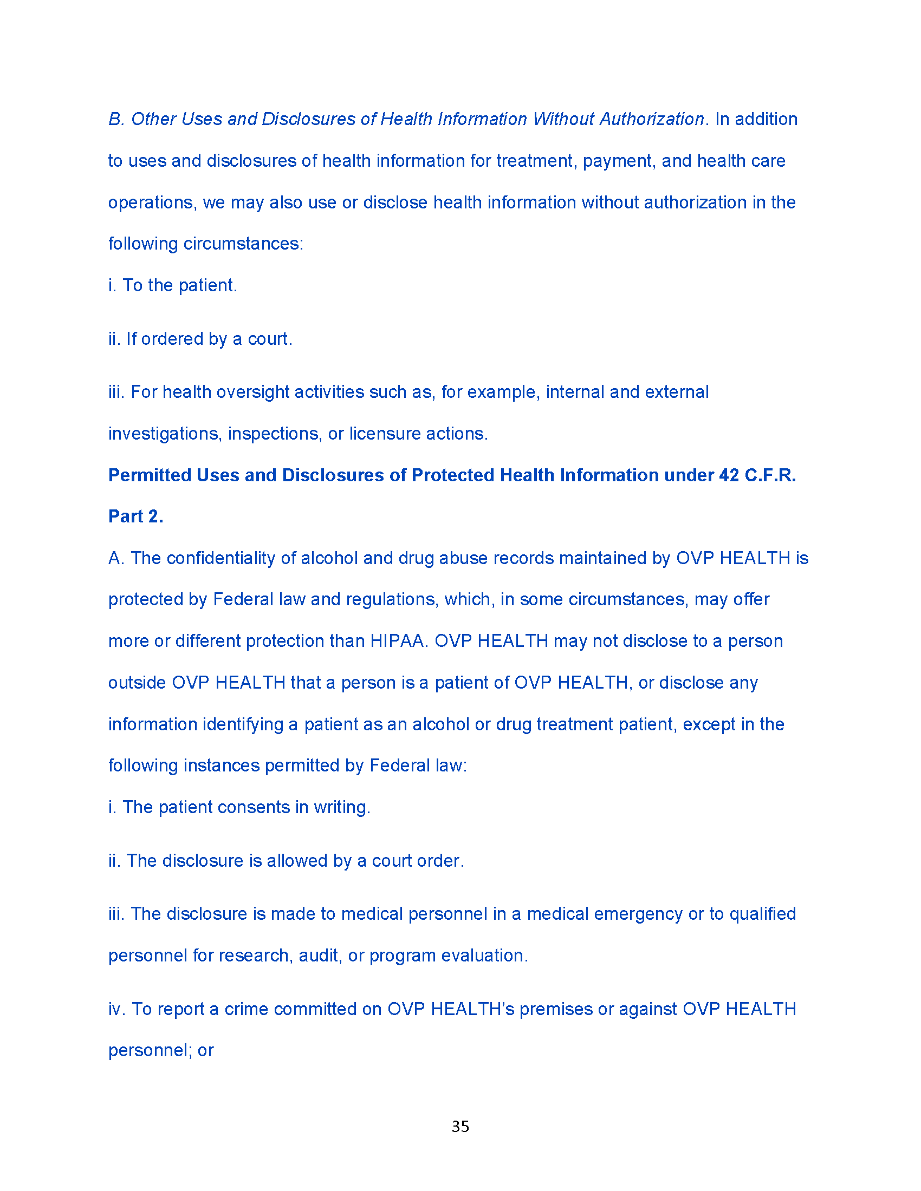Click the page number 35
[x=460, y=1126]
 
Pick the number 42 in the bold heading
[x=729, y=475]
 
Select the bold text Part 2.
[x=136, y=516]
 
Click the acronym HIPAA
[x=398, y=641]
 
